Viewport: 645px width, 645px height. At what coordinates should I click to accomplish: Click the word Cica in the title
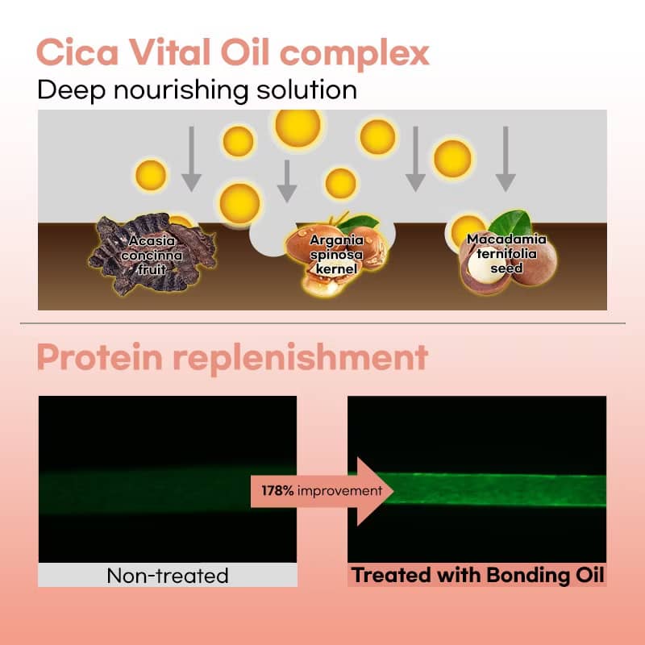click(77, 52)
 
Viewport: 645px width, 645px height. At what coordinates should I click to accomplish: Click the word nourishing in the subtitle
click(181, 91)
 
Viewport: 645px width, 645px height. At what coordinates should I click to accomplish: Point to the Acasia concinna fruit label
click(152, 255)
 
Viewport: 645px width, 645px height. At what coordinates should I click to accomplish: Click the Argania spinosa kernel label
click(336, 255)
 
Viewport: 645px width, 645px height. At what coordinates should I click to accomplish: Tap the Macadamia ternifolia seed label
click(506, 254)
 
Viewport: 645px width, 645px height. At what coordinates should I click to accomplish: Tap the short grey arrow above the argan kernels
click(287, 181)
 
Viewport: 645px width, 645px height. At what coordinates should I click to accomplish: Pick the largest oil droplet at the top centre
click(298, 127)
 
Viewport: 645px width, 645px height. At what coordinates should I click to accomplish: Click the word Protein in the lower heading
click(99, 357)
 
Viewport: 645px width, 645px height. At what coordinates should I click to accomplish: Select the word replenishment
click(301, 359)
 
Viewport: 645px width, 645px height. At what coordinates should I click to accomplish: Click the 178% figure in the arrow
click(277, 490)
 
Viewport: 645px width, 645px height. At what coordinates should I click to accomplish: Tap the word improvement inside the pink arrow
click(339, 491)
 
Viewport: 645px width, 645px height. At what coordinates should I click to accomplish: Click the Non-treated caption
click(168, 576)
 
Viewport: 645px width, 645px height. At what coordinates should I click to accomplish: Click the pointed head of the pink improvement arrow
click(393, 491)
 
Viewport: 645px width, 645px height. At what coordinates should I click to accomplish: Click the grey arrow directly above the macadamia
click(506, 159)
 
